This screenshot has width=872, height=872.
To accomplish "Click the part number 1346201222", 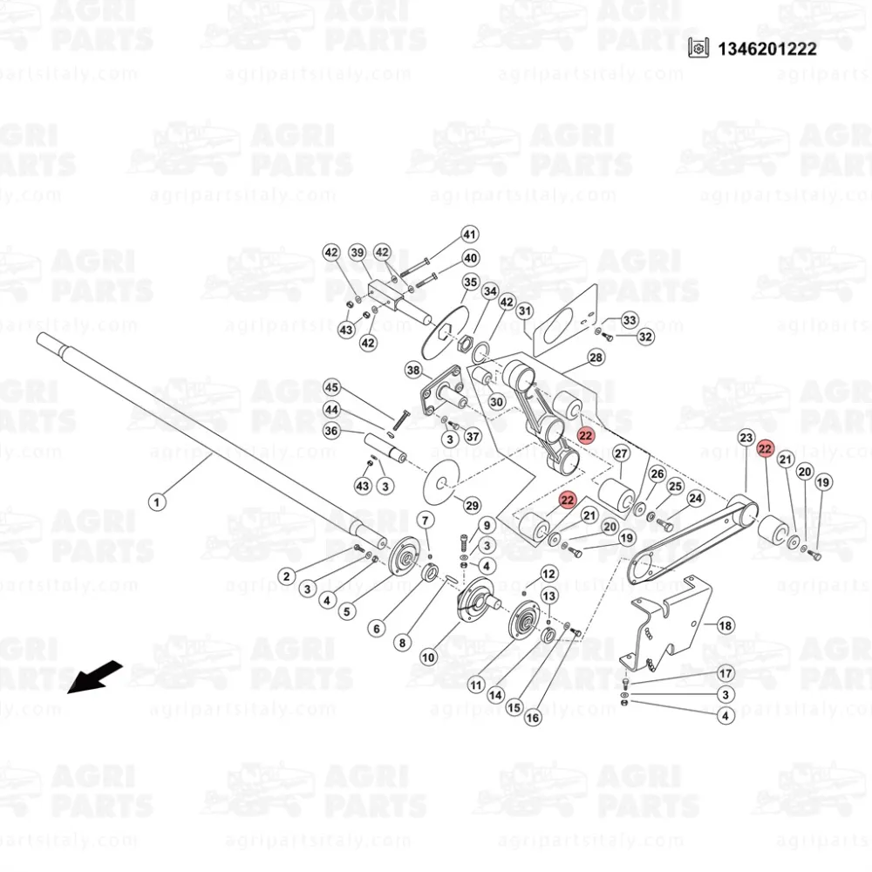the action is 766,49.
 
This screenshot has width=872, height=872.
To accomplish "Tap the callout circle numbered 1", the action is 157,502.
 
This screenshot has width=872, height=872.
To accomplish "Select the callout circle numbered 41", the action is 470,234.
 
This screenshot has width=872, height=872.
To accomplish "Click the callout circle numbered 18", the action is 726,625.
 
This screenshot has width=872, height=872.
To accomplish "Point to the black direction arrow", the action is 94,677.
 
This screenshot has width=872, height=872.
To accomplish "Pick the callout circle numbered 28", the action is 596,357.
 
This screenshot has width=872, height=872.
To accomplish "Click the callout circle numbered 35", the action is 471,282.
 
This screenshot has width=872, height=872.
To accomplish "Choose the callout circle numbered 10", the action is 427,657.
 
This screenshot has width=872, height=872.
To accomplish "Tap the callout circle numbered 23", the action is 746,438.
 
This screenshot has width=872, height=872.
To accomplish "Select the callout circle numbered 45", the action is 331,388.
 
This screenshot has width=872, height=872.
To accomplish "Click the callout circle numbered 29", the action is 472,506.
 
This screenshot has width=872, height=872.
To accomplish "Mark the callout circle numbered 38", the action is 413,370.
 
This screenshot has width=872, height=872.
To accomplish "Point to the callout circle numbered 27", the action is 621,453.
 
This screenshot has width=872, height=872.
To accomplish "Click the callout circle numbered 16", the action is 533,718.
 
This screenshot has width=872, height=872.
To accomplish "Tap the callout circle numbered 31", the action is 525,311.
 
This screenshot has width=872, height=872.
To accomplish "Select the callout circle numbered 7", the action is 426,521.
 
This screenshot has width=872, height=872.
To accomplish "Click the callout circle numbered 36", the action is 331,431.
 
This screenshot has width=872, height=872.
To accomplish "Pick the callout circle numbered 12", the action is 548,574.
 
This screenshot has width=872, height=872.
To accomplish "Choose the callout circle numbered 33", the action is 630,320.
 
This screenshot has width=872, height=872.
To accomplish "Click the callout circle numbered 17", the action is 726,673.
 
